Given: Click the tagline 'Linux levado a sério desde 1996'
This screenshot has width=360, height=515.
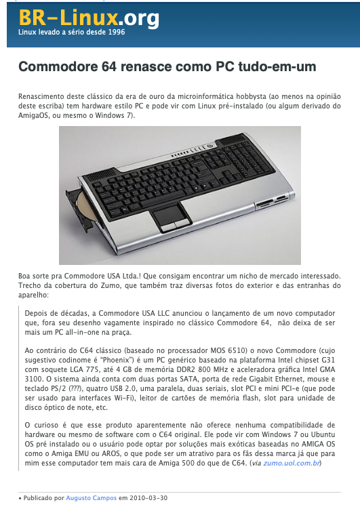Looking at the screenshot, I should pos(71,32).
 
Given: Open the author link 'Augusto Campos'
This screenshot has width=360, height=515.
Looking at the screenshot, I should pos(91,497).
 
